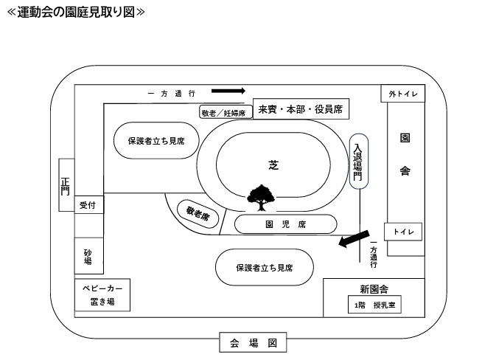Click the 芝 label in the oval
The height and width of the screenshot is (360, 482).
pyautogui.click(x=273, y=165)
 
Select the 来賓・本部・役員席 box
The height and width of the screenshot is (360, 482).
pyautogui.click(x=299, y=110)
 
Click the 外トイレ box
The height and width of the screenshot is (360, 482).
pyautogui.click(x=403, y=94)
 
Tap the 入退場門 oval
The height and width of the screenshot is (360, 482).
pyautogui.click(x=357, y=162)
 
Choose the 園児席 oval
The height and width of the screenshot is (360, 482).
pyautogui.click(x=285, y=224)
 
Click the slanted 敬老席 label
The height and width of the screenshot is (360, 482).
pyautogui.click(x=198, y=215)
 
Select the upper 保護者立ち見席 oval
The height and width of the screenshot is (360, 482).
pyautogui.click(x=156, y=140)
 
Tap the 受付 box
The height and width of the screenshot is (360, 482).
pyautogui.click(x=88, y=205)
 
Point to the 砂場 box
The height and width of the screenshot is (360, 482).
pyautogui.click(x=88, y=256)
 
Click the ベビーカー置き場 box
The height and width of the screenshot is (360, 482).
pyautogui.click(x=102, y=294)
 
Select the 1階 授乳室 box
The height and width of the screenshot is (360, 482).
pyautogui.click(x=374, y=305)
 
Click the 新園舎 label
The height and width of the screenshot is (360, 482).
pyautogui.click(x=374, y=288)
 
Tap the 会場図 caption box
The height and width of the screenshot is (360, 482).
pyautogui.click(x=253, y=343)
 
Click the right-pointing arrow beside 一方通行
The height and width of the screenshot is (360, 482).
pyautogui.click(x=228, y=91)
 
